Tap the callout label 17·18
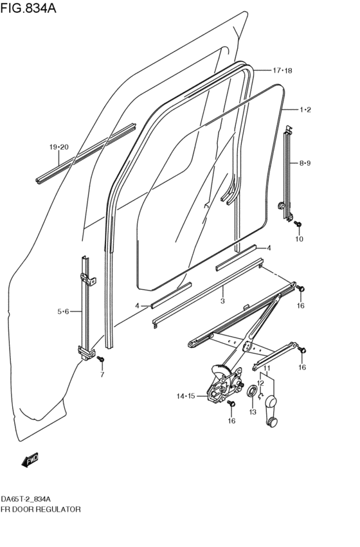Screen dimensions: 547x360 pos(282,70)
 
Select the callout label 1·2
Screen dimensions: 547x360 pos(305,110)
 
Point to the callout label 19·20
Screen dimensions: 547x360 pos(59,148)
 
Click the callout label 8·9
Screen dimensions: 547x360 pos(305,164)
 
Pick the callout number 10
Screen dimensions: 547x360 pos(298,239)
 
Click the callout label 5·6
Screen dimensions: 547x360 pos(63,312)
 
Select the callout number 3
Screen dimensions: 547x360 pos(222,300)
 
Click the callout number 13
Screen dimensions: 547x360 pos(253,412)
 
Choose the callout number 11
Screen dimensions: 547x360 pos(266,368)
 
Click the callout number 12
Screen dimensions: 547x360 pos(261,383)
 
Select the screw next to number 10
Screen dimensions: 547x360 pos(299,222)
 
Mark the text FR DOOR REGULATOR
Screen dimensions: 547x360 pos(40,508)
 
